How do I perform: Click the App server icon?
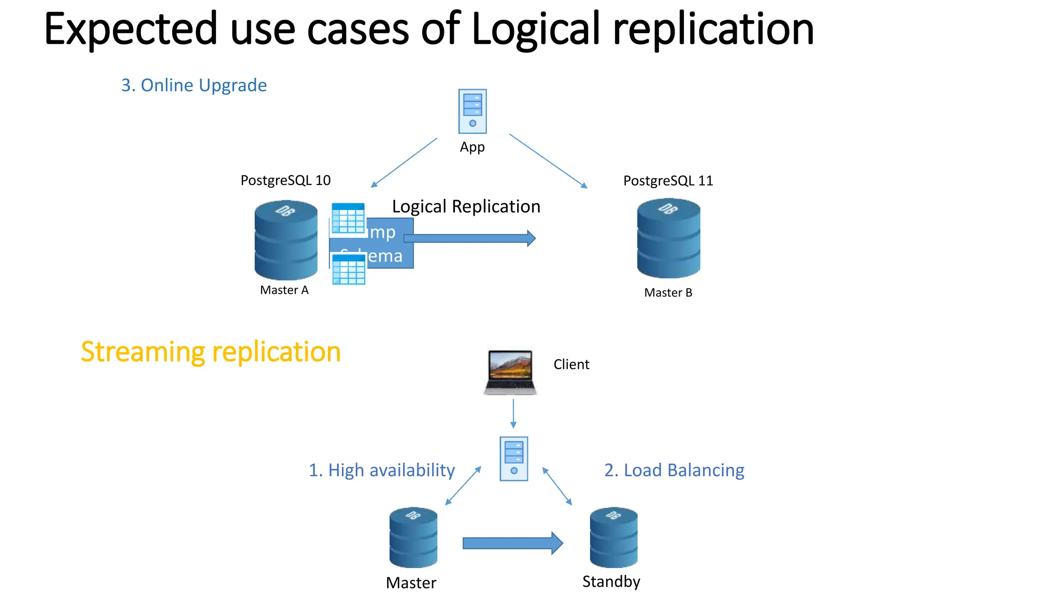tap(472, 111)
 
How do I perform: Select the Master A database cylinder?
tap(286, 240)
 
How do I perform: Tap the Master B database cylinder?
tap(668, 238)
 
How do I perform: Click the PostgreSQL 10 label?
tap(285, 180)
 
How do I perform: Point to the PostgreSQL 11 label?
tap(668, 181)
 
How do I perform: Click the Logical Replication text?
tap(466, 206)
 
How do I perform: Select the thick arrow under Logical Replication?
tap(469, 238)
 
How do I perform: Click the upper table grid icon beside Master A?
tap(348, 218)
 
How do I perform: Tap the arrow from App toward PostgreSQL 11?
tap(548, 161)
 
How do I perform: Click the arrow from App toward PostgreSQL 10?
tap(404, 162)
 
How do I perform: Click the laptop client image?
tap(510, 372)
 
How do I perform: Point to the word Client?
tap(571, 364)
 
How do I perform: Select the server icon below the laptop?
tap(513, 459)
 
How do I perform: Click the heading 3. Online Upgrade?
tap(194, 85)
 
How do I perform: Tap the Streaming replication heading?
tap(210, 352)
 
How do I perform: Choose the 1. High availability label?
tap(381, 470)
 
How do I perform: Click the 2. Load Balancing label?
tap(674, 470)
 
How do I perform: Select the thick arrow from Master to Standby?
tap(512, 543)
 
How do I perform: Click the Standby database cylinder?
tap(613, 537)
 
